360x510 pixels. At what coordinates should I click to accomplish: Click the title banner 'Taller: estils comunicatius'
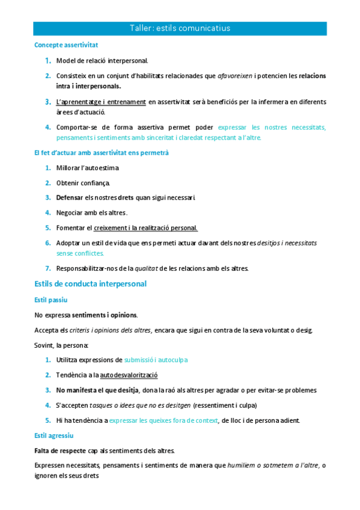(180, 28)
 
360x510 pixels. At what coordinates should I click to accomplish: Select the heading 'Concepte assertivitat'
(66, 45)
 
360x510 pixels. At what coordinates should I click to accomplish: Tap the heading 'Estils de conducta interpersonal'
(90, 283)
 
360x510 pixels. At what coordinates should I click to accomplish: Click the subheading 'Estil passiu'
(51, 299)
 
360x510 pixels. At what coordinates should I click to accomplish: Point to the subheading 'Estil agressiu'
(54, 435)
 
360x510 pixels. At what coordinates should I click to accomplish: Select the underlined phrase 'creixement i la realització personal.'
(145, 228)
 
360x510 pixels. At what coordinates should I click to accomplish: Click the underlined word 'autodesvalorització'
(129, 375)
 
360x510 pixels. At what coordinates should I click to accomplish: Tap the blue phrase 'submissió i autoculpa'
(156, 360)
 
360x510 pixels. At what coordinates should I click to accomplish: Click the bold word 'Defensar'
(69, 198)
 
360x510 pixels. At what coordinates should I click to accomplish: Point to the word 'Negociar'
(71, 213)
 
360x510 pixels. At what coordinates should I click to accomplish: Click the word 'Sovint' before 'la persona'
(44, 345)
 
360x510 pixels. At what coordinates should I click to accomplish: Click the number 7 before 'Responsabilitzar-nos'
(47, 268)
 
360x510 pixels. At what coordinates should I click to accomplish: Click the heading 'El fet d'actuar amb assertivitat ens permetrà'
(102, 153)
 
